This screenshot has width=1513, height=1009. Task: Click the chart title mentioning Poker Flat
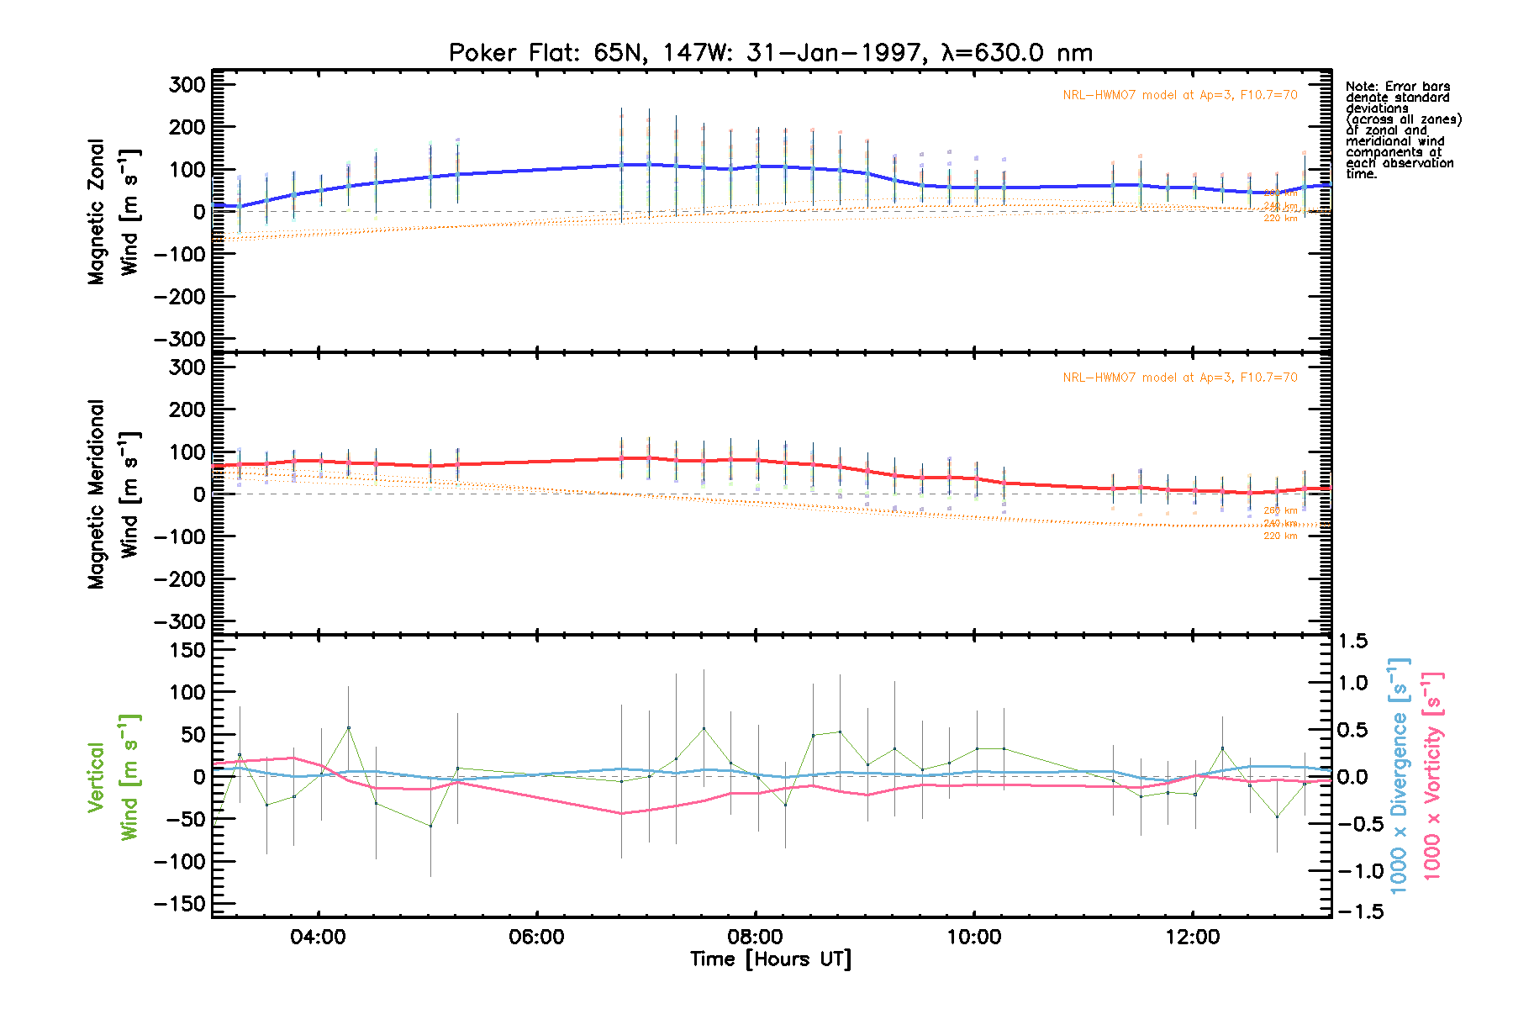[771, 53]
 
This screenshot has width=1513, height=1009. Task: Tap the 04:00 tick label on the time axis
[318, 938]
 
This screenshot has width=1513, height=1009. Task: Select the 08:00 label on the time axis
[756, 938]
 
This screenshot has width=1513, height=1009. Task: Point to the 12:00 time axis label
[1193, 938]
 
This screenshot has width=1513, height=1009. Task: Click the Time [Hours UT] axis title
[771, 959]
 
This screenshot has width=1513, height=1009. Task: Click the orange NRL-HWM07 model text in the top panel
[1179, 95]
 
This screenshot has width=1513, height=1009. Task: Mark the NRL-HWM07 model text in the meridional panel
[1179, 378]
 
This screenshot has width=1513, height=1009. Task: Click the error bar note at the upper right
[1402, 130]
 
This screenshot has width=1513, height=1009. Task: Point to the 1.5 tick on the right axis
[1352, 642]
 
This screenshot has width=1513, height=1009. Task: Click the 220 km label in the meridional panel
[1280, 536]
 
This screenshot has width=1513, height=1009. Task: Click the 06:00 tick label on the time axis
[536, 938]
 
